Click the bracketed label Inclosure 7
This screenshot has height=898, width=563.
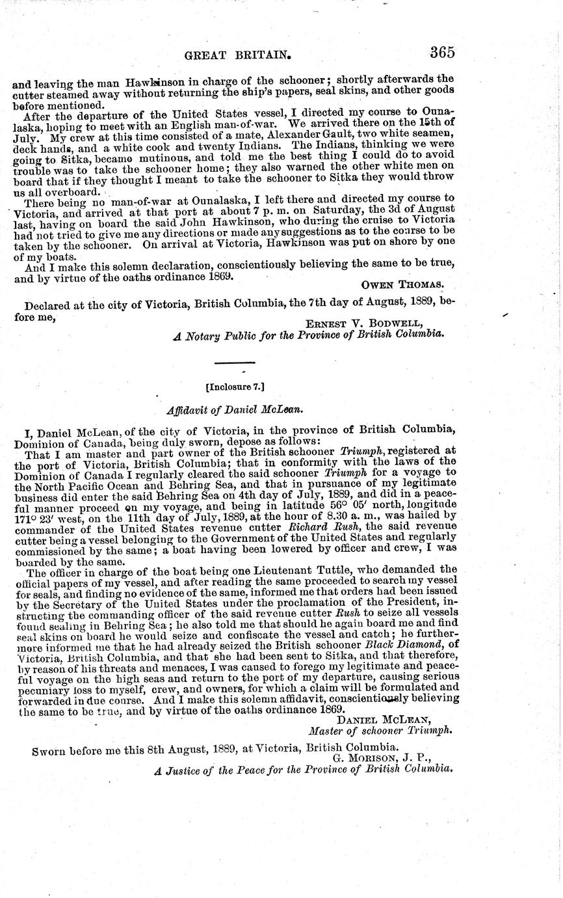234,386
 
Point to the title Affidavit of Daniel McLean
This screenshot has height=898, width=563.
235,411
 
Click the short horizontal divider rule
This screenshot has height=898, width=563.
235,362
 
